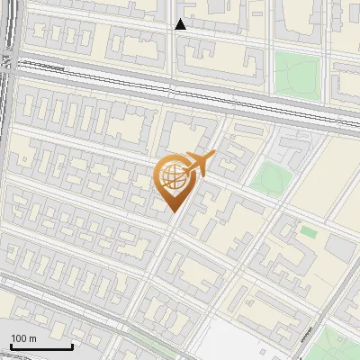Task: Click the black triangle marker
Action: pos(181,24)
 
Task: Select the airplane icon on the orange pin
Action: pos(197,164)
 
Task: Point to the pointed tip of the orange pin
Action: pos(173,211)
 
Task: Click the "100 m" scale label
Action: pos(23,338)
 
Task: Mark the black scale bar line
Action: pos(40,346)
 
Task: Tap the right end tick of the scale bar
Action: pos(71,345)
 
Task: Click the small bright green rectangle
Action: pos(308,232)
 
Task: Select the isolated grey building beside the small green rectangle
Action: pos(337,245)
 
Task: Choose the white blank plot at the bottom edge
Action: pos(247,342)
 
